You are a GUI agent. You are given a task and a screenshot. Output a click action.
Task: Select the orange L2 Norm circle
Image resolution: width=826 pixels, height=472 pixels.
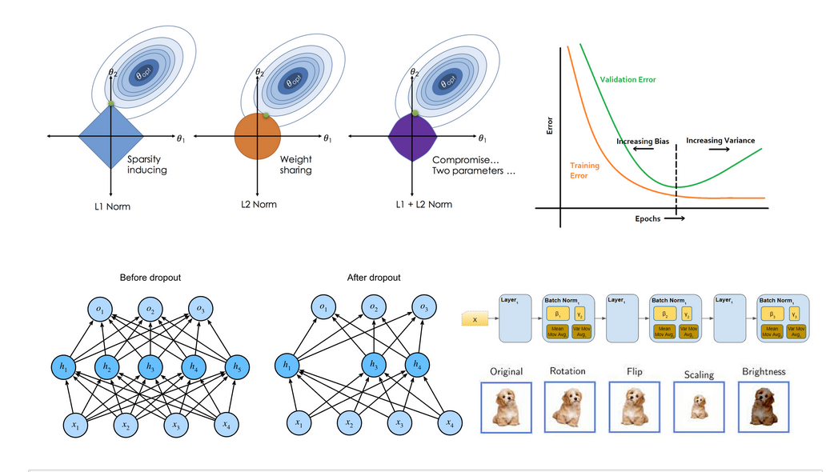(257, 137)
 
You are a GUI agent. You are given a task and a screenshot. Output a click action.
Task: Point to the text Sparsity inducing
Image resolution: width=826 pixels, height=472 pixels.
(147, 165)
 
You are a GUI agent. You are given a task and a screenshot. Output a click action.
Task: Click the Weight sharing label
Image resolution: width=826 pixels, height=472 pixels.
(295, 165)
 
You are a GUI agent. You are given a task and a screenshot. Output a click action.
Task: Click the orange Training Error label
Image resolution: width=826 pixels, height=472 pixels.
(584, 170)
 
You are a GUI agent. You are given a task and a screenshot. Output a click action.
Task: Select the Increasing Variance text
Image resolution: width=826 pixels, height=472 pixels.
(720, 141)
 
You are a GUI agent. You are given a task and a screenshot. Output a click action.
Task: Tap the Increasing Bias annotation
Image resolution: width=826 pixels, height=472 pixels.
(642, 142)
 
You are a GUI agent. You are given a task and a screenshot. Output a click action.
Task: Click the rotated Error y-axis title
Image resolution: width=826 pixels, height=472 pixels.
(550, 126)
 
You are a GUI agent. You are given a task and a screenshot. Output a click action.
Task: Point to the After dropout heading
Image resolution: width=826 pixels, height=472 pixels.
(374, 278)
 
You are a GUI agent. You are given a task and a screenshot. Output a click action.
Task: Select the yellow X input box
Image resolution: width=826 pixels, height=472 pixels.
(476, 320)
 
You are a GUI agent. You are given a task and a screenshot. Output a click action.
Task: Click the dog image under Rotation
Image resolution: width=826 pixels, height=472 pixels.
(569, 406)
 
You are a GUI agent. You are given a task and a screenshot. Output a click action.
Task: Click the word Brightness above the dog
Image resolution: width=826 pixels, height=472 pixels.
(764, 372)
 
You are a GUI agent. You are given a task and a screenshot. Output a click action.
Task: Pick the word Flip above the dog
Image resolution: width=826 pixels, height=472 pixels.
(634, 372)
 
